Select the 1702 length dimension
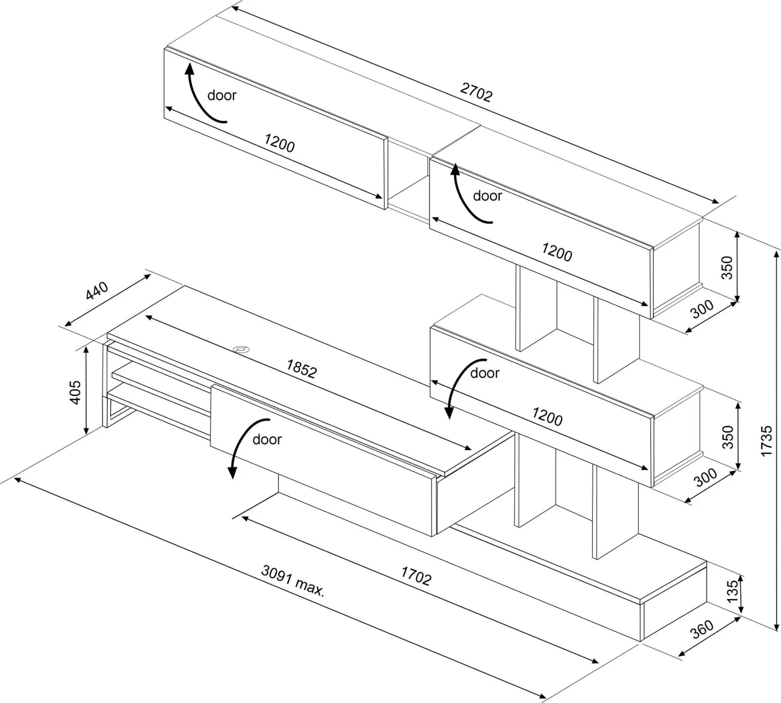coord(416,576)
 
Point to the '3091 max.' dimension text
coord(293,580)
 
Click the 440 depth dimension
coord(97,291)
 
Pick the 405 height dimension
coord(76,392)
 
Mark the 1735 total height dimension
coord(766,441)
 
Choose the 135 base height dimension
coord(733,591)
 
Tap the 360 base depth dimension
coord(702,630)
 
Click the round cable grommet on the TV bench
coord(241,349)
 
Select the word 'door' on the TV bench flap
coord(267,440)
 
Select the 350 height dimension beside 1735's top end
coord(727,267)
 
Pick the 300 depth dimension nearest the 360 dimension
coord(706,477)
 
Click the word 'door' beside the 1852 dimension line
coord(484,373)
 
